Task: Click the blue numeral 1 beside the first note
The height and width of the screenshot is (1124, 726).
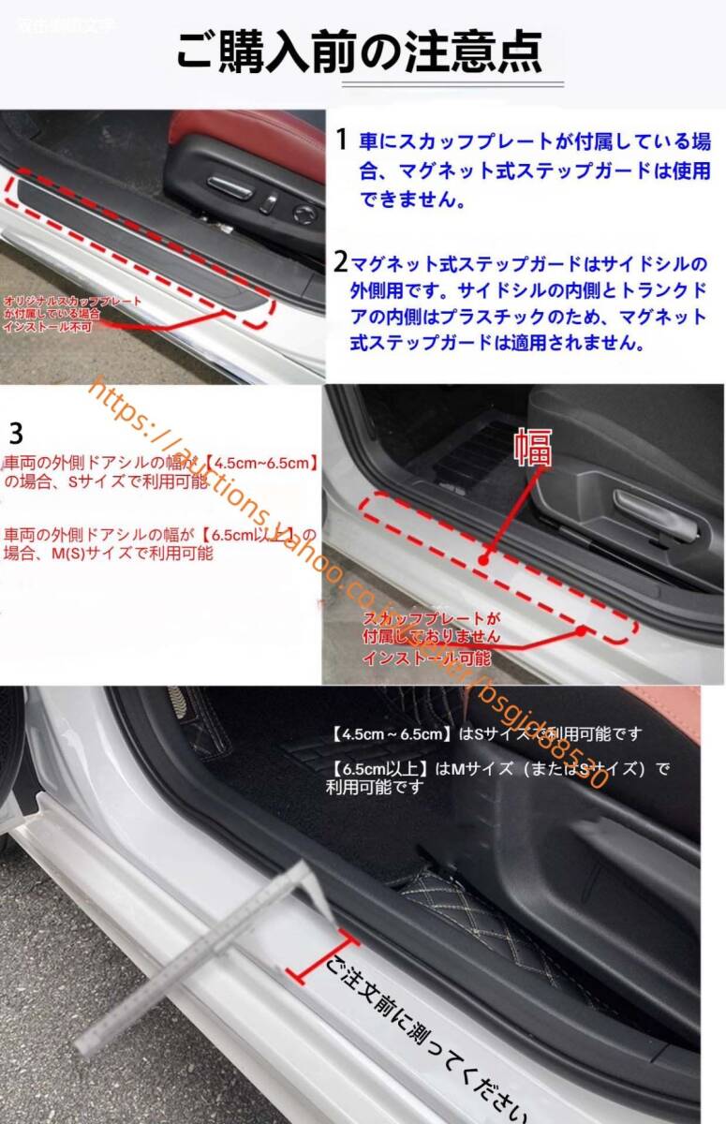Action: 343,140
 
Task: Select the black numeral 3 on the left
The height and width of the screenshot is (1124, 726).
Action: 15,434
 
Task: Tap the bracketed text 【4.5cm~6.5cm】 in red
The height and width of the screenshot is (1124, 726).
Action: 263,463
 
